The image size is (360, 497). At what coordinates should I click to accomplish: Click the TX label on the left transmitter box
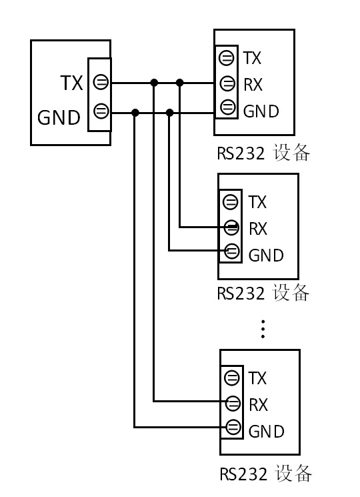pos(71,83)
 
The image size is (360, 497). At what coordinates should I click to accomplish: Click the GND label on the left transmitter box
pos(59,117)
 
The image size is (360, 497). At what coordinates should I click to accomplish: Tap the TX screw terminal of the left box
pos(101,82)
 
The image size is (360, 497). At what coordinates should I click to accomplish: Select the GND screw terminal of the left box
pos(101,111)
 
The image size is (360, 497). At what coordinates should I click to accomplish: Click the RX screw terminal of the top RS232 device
pos(227,83)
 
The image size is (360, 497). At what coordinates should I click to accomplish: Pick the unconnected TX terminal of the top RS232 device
pos(227,58)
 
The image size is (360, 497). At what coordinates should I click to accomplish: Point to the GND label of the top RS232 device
pos(261,111)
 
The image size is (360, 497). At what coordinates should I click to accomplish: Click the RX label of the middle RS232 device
pos(258,229)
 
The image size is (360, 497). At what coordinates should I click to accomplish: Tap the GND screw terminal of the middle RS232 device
pos(232,252)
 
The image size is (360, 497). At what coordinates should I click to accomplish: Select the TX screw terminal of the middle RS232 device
pos(231,202)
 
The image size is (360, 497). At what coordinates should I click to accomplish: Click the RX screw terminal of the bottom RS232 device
pos(233,404)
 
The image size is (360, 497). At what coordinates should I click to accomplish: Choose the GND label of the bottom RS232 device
pos(266,432)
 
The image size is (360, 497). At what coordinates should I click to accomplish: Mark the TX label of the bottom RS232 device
pos(257,378)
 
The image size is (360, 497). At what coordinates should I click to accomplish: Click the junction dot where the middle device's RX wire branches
pos(180,83)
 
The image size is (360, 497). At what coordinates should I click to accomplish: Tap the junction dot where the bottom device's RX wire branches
pos(154,83)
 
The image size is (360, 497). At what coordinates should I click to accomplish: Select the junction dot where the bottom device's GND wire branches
pos(135,113)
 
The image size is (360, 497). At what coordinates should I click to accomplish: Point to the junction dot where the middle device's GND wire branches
pos(170,113)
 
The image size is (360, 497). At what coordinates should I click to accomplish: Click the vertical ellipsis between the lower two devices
pos(263,330)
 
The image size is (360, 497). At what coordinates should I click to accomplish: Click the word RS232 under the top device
pos(241,153)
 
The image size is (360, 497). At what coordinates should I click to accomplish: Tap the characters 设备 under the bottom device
pos(293,474)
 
